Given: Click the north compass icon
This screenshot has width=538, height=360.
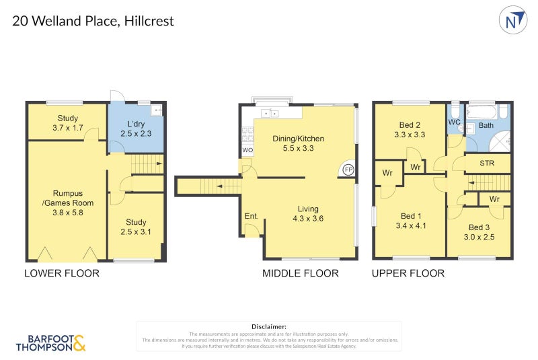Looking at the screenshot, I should pyautogui.click(x=513, y=20).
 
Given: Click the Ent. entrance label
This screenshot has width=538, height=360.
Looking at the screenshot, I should pyautogui.click(x=251, y=216).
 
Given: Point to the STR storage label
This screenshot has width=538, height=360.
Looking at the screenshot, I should pyautogui.click(x=488, y=163).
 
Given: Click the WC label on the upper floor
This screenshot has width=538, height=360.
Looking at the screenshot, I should pyautogui.click(x=454, y=122).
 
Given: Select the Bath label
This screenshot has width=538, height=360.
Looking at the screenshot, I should pyautogui.click(x=486, y=125).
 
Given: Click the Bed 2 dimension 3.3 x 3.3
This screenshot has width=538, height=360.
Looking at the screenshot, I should pyautogui.click(x=411, y=135).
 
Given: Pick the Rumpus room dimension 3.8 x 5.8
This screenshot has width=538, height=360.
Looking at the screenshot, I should pyautogui.click(x=67, y=212).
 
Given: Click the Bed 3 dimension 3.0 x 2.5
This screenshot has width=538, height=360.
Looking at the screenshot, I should pyautogui.click(x=480, y=237).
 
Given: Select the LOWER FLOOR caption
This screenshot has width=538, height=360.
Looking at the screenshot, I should pyautogui.click(x=62, y=273).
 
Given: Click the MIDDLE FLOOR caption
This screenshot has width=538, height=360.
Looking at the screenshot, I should pyautogui.click(x=300, y=273).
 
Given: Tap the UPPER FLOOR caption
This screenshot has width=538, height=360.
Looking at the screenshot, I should pyautogui.click(x=408, y=273).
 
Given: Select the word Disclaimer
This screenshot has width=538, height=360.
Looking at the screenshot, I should pyautogui.click(x=268, y=326).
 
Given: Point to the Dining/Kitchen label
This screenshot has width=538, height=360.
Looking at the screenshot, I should pyautogui.click(x=298, y=139).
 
